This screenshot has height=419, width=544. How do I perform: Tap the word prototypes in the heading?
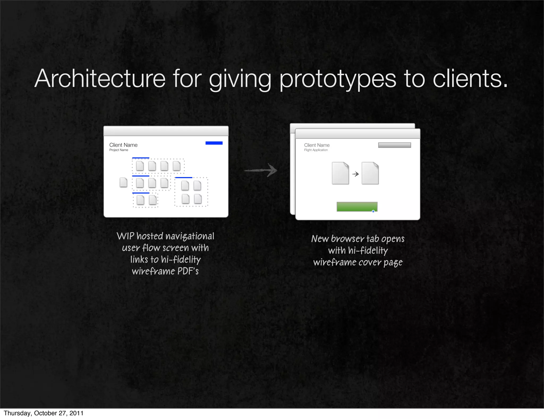(337, 79)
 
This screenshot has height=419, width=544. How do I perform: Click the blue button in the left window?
(214, 143)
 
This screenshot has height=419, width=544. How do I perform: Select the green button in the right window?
(357, 207)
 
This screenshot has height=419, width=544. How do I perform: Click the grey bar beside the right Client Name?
(394, 145)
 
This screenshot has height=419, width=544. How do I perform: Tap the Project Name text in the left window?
(119, 150)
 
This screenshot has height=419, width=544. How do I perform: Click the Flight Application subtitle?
(316, 150)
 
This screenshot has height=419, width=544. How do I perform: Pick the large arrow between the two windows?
(261, 170)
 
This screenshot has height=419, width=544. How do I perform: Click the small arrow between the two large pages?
(355, 174)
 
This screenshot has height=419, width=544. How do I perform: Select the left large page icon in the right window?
(340, 173)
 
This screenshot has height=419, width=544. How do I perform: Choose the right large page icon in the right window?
(370, 173)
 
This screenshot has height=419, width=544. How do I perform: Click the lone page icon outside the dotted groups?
(123, 182)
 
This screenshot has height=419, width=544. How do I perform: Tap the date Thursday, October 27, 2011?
(44, 413)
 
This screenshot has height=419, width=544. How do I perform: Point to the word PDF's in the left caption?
(188, 271)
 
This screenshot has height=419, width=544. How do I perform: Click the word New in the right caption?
(320, 239)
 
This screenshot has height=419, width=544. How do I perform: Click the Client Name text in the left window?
(123, 145)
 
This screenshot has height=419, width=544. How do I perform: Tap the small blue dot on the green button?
(373, 211)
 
